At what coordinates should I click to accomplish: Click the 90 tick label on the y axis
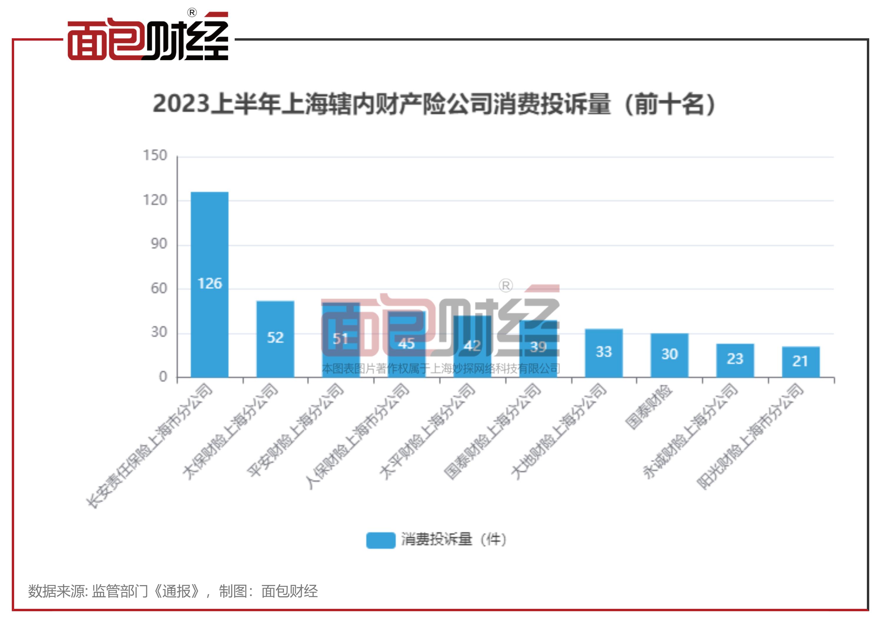tap(158, 244)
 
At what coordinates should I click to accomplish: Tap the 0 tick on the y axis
tap(163, 377)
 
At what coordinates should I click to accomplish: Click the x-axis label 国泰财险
tap(648, 407)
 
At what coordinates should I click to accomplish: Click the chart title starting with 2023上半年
tap(434, 104)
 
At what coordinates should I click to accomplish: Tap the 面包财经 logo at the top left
tap(148, 38)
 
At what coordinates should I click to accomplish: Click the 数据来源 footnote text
tap(173, 591)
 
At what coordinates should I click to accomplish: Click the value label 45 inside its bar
tap(406, 344)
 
